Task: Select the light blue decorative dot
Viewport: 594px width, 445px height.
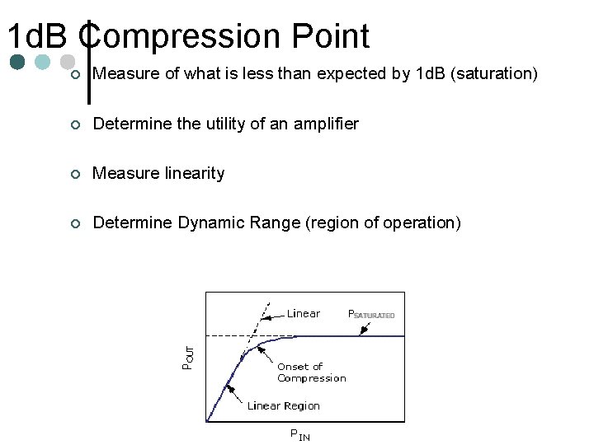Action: click(42, 62)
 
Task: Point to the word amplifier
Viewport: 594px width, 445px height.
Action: click(326, 124)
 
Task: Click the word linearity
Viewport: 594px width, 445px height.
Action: click(191, 173)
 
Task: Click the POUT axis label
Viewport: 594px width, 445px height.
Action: click(189, 357)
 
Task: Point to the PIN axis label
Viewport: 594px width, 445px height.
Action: click(299, 434)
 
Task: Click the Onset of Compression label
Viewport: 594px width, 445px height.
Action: click(311, 372)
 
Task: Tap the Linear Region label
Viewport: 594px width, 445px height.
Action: click(283, 405)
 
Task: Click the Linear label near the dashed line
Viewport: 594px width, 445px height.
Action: click(303, 313)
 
